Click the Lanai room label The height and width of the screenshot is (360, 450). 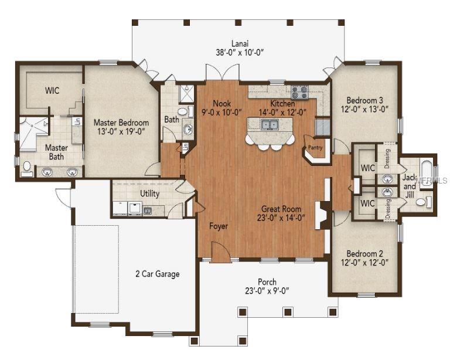pos(239,43)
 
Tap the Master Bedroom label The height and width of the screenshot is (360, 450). pos(121,123)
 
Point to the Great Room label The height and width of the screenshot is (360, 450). pos(281,209)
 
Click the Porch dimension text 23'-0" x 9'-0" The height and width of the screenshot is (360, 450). pos(267,290)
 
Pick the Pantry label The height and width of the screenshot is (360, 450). pos(315,148)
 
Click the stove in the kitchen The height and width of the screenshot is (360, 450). pos(299,91)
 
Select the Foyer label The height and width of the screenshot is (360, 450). pos(219,226)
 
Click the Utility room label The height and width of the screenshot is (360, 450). pos(149,193)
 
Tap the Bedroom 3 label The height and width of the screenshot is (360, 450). pos(364,100)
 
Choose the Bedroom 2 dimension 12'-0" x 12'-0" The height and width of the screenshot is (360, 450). pos(364,262)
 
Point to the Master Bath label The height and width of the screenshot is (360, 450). pos(56,152)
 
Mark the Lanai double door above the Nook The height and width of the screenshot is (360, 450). pos(221,74)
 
